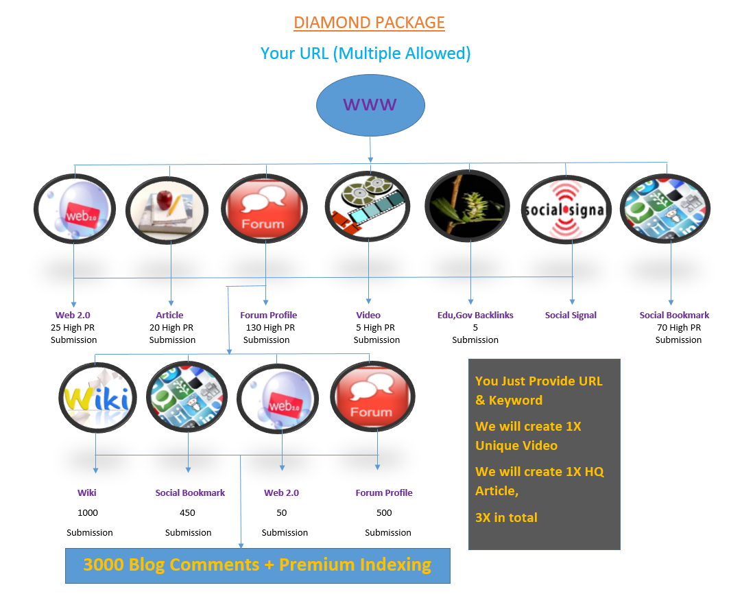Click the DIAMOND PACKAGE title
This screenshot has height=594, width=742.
click(369, 23)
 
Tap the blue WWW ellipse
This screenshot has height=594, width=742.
click(370, 105)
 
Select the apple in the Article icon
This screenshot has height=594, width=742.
click(164, 200)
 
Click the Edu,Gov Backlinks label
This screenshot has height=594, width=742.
click(475, 316)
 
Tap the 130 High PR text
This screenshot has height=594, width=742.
click(270, 328)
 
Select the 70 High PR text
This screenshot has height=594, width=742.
click(678, 328)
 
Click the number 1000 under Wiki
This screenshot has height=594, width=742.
click(88, 512)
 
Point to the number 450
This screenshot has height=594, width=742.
click(187, 512)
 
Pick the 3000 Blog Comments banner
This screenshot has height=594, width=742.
click(257, 565)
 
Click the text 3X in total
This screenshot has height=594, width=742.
click(506, 517)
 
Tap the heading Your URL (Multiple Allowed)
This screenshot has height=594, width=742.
click(366, 54)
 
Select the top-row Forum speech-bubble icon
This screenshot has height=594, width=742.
click(263, 209)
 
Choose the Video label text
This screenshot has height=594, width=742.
click(368, 316)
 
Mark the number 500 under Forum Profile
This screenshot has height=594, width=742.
click(384, 512)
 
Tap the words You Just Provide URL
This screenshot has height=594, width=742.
click(538, 381)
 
